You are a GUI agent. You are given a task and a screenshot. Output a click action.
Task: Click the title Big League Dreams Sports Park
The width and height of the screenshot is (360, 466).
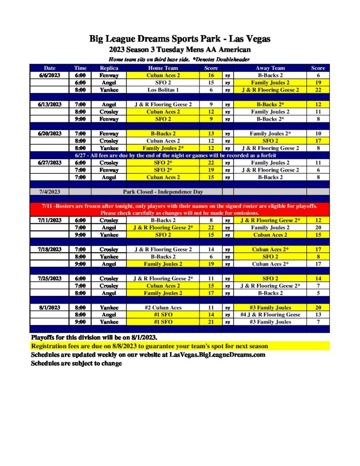click(180, 39)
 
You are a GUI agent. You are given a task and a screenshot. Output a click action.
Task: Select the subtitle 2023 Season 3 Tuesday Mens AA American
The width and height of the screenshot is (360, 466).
click(180, 50)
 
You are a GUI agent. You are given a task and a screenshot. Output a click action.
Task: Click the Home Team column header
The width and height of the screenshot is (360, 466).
click(163, 68)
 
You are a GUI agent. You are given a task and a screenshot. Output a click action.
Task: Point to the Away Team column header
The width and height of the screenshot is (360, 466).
click(270, 68)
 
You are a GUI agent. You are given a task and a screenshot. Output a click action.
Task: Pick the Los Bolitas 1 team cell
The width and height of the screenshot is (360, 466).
click(163, 90)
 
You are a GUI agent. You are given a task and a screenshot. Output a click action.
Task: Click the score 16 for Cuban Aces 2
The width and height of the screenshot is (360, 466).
click(211, 76)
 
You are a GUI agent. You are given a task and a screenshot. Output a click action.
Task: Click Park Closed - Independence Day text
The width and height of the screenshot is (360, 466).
click(163, 192)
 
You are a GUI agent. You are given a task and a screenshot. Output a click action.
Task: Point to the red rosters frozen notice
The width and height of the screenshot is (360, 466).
click(180, 209)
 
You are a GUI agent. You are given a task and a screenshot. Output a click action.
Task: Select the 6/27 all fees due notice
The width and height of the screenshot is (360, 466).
click(180, 155)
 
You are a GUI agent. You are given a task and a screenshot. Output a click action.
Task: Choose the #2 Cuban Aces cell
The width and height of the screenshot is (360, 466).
click(163, 308)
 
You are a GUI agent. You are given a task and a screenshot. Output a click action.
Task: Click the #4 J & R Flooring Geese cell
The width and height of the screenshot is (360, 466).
click(270, 315)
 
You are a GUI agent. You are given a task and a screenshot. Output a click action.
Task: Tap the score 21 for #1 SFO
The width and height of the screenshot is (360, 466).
click(211, 322)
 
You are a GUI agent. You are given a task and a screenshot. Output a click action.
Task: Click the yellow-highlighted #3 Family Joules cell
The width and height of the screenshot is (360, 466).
click(270, 308)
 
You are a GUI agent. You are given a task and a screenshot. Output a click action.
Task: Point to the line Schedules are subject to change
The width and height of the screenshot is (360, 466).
click(76, 363)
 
